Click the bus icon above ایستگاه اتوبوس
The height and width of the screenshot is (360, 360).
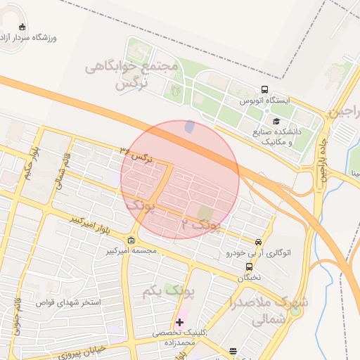tap(264, 89)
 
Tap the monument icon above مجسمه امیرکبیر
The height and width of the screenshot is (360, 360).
tap(131, 240)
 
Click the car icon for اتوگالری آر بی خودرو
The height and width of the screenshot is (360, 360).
tap(259, 241)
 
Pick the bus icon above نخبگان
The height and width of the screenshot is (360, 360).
tap(249, 266)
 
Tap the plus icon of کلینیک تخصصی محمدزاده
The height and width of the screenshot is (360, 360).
tap(180, 322)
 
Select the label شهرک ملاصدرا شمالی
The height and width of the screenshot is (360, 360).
tap(269, 310)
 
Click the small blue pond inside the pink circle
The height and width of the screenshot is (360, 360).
tap(189, 127)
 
